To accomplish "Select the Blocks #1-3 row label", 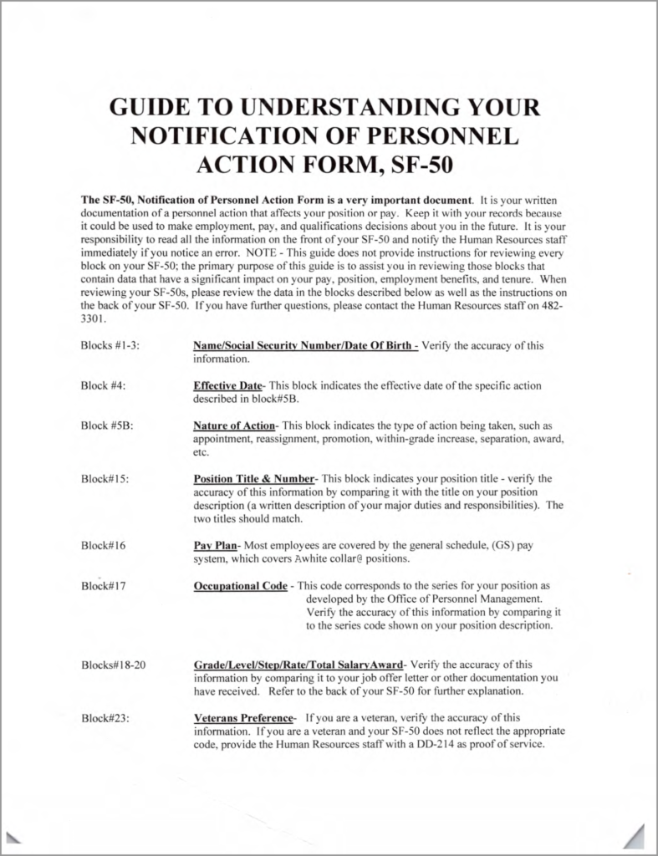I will pos(115,345).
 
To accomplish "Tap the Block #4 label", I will pos(104,385).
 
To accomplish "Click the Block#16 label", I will pos(104,545).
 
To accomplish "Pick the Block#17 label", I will pos(104,585).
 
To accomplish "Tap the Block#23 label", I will pos(106,718).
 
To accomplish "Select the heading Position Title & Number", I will pos(253,479).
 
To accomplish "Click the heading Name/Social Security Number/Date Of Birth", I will pos(304,345).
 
